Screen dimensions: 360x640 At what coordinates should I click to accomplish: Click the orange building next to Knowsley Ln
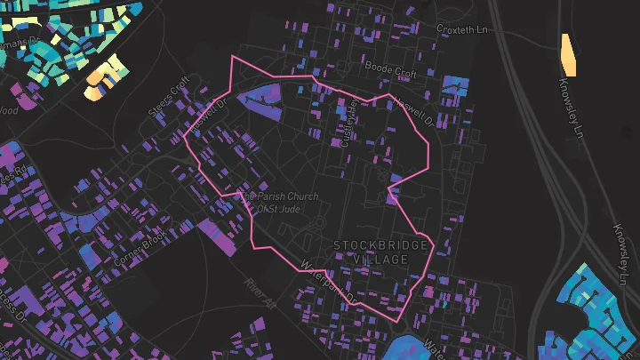tap(566, 55)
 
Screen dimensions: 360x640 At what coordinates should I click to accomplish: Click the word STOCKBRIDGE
tap(380, 244)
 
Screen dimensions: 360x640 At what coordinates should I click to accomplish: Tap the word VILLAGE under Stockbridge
tap(380, 259)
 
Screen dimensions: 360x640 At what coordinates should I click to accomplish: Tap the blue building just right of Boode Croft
tap(455, 89)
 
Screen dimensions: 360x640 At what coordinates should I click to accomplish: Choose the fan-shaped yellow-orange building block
tap(105, 79)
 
